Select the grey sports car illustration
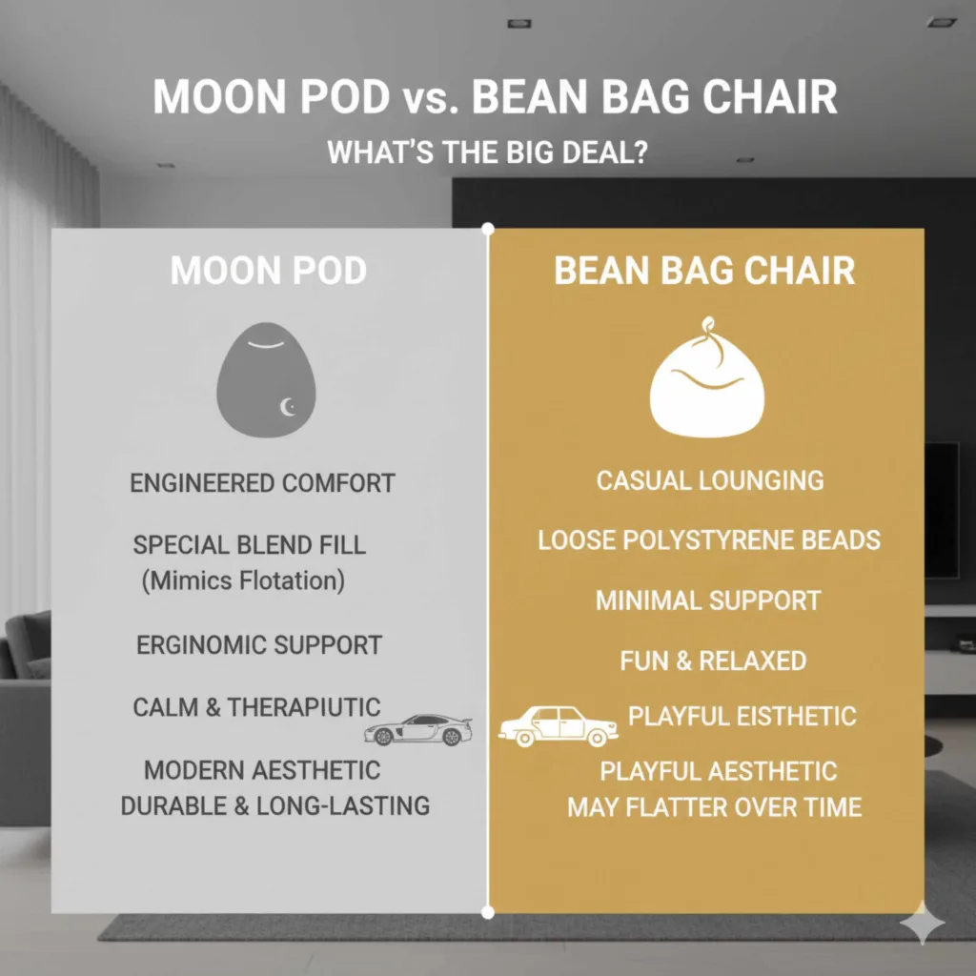tap(418, 729)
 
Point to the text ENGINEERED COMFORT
tap(262, 482)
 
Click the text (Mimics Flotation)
tap(243, 580)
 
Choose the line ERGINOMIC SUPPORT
tap(259, 645)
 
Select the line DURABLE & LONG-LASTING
tap(274, 805)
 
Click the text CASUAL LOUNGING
tap(710, 479)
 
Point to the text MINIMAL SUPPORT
tap(708, 600)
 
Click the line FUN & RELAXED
tap(713, 661)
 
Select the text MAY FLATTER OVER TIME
tap(714, 807)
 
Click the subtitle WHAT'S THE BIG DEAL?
tap(488, 152)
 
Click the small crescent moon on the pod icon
tap(288, 408)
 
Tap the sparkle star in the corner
tap(924, 924)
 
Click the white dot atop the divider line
tap(488, 229)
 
